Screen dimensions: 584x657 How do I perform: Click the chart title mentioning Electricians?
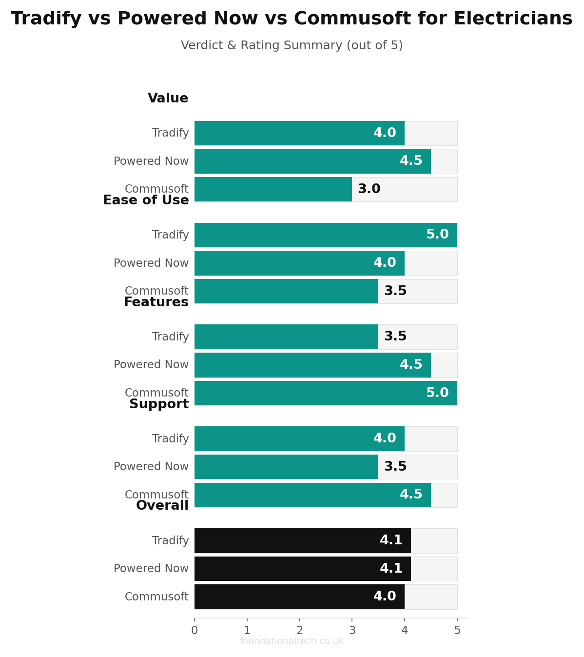pyautogui.click(x=292, y=19)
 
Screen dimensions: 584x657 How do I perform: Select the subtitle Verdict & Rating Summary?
pyautogui.click(x=292, y=45)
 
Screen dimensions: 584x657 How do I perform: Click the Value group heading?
pyautogui.click(x=168, y=98)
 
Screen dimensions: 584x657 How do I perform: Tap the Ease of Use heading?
pyautogui.click(x=146, y=200)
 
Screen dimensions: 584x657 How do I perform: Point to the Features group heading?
pyautogui.click(x=156, y=302)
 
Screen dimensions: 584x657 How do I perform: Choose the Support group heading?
pyautogui.click(x=159, y=404)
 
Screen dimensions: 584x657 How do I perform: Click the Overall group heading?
pyautogui.click(x=162, y=505)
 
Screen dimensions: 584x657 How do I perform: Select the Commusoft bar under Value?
pyautogui.click(x=273, y=189)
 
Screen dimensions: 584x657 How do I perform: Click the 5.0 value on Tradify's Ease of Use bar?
pyautogui.click(x=437, y=234)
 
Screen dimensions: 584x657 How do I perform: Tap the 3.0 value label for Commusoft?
pyautogui.click(x=369, y=189)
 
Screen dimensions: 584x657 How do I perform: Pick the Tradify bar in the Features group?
pyautogui.click(x=286, y=337)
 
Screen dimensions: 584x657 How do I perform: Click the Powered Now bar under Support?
pyautogui.click(x=286, y=467)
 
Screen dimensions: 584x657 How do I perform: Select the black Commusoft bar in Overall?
pyautogui.click(x=299, y=597)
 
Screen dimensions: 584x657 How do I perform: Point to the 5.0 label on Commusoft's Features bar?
pyautogui.click(x=437, y=393)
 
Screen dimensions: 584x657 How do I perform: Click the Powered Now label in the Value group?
pyautogui.click(x=151, y=161)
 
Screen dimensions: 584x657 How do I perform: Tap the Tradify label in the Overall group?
pyautogui.click(x=171, y=540)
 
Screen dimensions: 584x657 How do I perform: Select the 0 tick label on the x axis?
pyautogui.click(x=195, y=630)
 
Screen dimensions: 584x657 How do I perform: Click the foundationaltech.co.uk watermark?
pyautogui.click(x=292, y=641)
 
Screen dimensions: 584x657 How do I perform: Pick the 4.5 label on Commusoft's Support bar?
pyautogui.click(x=411, y=494)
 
